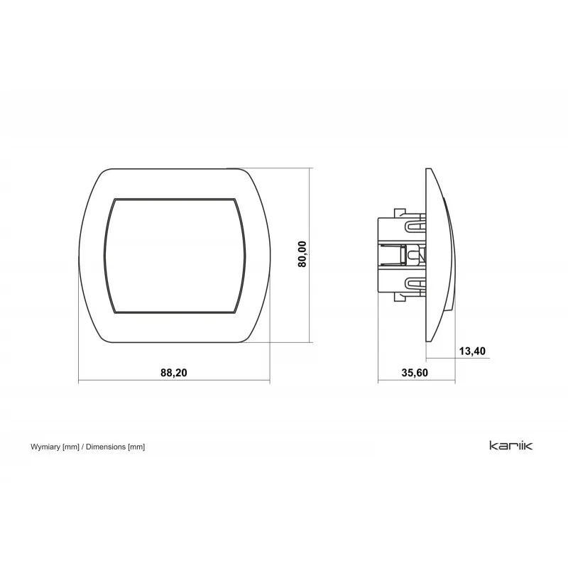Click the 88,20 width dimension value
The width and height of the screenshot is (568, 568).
(x=174, y=373)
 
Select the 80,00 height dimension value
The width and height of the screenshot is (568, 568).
(x=302, y=254)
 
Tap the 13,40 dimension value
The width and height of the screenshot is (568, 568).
(x=472, y=351)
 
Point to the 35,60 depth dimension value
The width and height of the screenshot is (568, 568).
(x=415, y=373)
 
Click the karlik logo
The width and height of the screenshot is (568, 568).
(x=510, y=445)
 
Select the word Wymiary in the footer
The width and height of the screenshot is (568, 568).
(x=45, y=447)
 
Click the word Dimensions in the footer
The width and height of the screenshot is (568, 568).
(x=106, y=447)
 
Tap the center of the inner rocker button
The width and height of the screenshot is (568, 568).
(x=175, y=256)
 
